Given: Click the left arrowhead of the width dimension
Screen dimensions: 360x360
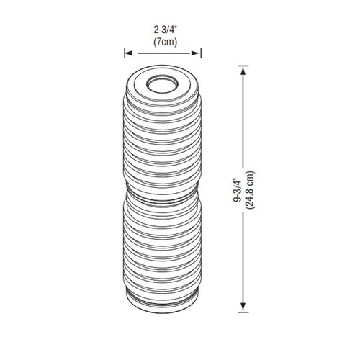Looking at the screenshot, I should pos(127,53).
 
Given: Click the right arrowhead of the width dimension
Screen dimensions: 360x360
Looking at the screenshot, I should pos(199,53).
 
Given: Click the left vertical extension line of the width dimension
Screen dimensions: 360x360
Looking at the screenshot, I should pos(125,53).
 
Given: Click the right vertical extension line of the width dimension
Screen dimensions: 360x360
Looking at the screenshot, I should pos(202,53).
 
